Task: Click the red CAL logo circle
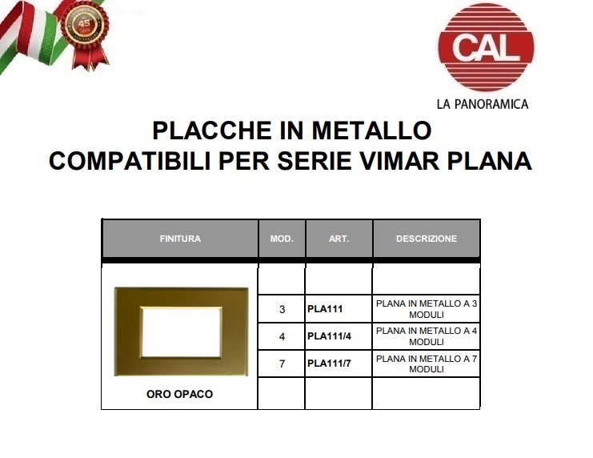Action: [486, 47]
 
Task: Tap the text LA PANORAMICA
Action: [483, 104]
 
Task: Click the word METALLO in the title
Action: [371, 131]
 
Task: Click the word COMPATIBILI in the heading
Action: [130, 161]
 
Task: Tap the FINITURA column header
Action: [180, 239]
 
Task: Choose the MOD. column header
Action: [282, 239]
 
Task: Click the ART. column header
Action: [339, 239]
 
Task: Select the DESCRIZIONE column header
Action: [427, 239]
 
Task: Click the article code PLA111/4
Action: [330, 336]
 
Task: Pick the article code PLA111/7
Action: [330, 364]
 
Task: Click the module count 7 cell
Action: [282, 364]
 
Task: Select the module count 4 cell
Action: [282, 336]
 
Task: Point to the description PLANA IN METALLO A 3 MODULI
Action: [427, 309]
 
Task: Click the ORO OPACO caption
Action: [179, 394]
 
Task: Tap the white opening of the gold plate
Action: [181, 332]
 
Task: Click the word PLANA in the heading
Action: [490, 161]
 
